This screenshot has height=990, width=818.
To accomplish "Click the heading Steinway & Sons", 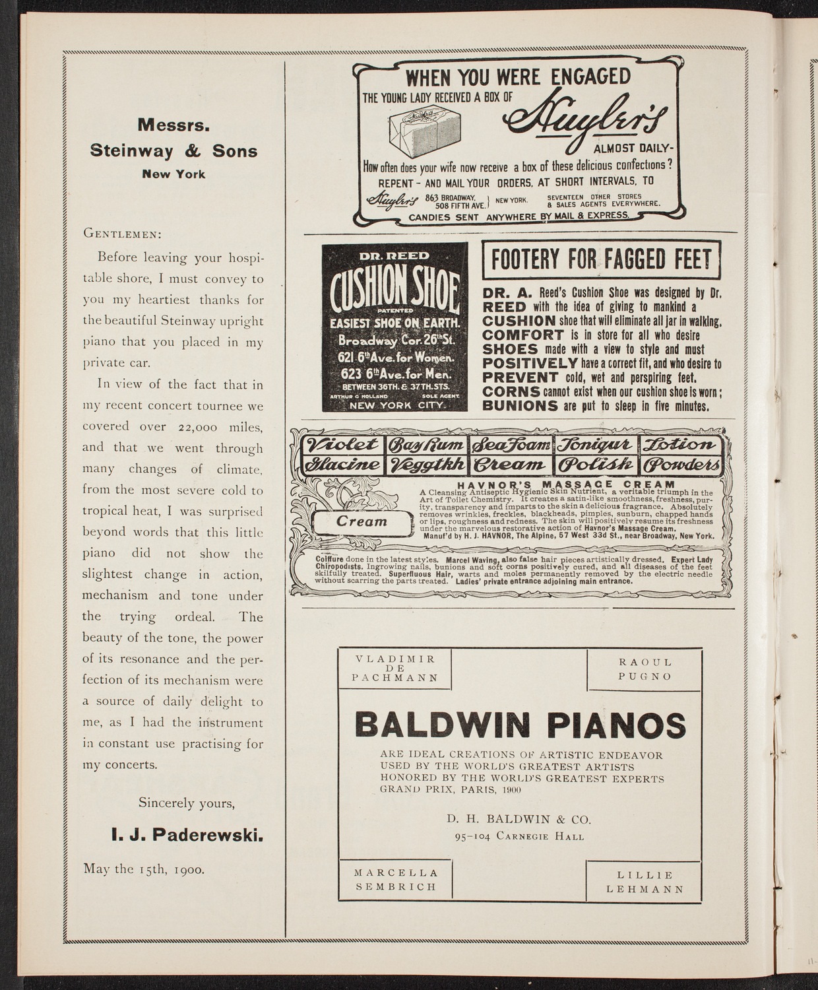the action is click(173, 151).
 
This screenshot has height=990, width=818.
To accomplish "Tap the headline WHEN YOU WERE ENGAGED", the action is click(518, 77).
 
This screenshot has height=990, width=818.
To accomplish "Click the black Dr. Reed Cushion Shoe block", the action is click(394, 327).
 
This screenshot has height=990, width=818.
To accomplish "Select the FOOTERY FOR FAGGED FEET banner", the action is click(601, 260).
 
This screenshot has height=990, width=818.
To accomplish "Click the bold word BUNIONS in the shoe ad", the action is click(520, 405).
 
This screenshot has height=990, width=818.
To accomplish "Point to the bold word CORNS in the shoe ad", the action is click(511, 391).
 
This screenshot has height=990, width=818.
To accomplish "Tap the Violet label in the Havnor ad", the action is click(340, 444).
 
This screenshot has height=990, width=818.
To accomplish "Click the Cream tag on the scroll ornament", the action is click(362, 521).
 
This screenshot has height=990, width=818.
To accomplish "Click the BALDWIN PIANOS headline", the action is click(520, 726).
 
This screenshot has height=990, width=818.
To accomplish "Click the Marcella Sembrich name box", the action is click(395, 879).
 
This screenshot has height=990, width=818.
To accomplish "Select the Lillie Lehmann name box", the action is click(644, 882).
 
